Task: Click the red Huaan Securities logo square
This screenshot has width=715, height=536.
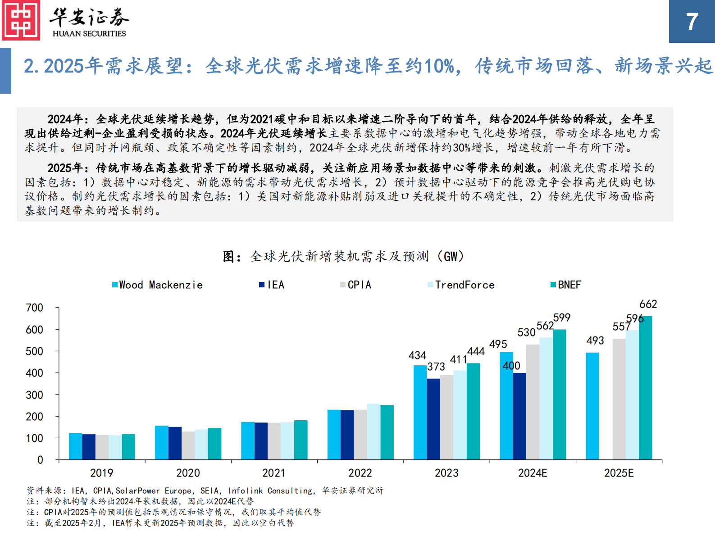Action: click(21, 20)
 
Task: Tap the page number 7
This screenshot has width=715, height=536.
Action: click(692, 22)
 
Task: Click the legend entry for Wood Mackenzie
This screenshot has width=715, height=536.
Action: click(157, 285)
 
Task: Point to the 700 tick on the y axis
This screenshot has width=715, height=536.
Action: click(35, 308)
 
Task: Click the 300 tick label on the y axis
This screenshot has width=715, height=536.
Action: click(35, 395)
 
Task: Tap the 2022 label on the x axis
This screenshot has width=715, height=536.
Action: click(360, 473)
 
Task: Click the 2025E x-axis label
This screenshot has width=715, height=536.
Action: click(619, 473)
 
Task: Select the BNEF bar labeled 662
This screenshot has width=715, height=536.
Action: click(645, 387)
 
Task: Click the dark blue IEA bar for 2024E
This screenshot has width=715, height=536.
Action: click(519, 416)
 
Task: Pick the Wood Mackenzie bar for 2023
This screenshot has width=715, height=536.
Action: click(420, 412)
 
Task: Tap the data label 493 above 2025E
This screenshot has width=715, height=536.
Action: click(595, 341)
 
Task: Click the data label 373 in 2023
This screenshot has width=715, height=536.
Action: click(436, 367)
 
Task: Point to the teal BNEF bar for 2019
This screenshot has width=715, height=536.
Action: click(128, 447)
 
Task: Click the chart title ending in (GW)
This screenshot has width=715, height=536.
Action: click(343, 256)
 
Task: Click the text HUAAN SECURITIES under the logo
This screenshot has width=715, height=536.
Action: click(89, 34)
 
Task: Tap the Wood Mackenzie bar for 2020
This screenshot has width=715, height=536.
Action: click(161, 442)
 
